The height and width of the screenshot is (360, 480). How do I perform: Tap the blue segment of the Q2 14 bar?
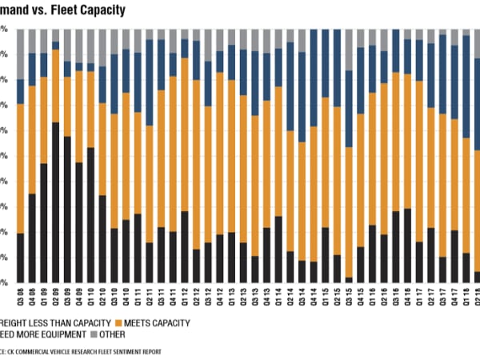pos(290,80)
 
